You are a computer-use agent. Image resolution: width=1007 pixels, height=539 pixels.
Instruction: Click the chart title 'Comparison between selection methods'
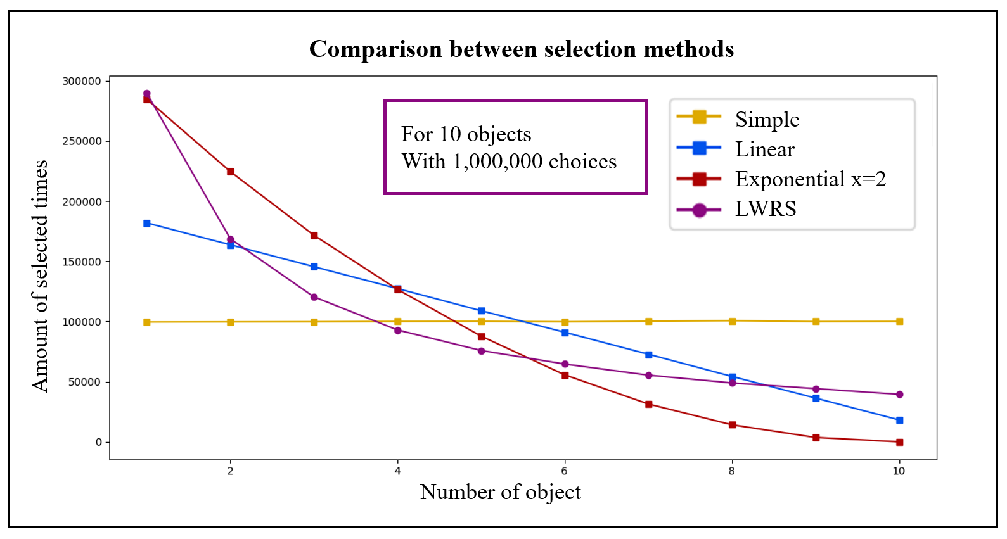pyautogui.click(x=521, y=49)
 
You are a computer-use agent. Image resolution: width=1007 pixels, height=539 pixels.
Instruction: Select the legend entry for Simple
pyautogui.click(x=767, y=119)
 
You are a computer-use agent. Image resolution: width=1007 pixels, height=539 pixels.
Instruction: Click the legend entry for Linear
pyautogui.click(x=764, y=149)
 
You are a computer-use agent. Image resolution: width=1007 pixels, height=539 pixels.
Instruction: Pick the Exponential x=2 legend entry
pyautogui.click(x=810, y=179)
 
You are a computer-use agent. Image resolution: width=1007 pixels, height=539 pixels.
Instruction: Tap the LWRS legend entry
pyautogui.click(x=765, y=209)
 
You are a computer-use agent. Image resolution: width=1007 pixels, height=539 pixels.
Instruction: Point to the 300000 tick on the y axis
pyautogui.click(x=82, y=81)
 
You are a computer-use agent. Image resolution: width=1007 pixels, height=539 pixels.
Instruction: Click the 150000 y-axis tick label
pyautogui.click(x=82, y=262)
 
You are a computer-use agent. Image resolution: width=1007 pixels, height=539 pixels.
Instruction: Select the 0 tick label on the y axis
pyautogui.click(x=98, y=442)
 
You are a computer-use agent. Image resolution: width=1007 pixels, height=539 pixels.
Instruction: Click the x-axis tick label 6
pyautogui.click(x=565, y=471)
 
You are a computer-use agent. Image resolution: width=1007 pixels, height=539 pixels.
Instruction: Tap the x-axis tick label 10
pyautogui.click(x=899, y=471)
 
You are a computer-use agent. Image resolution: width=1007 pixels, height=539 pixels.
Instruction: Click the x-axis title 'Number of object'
pyautogui.click(x=500, y=492)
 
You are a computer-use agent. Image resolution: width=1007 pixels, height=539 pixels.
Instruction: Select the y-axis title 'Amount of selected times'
pyautogui.click(x=41, y=276)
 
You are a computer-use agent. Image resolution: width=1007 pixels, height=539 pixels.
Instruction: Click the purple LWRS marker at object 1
pyautogui.click(x=147, y=94)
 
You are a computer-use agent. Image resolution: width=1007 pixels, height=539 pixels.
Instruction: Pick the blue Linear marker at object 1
pyautogui.click(x=147, y=224)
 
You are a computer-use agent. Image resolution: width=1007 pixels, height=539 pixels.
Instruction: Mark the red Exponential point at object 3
pyautogui.click(x=314, y=236)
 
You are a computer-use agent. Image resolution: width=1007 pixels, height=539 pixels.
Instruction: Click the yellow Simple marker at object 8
pyautogui.click(x=733, y=321)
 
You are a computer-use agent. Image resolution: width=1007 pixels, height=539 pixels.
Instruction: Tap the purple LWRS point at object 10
pyautogui.click(x=899, y=395)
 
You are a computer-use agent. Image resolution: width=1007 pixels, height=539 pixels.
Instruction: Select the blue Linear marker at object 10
pyautogui.click(x=899, y=421)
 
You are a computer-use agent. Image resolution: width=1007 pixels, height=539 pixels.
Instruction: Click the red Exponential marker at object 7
pyautogui.click(x=649, y=404)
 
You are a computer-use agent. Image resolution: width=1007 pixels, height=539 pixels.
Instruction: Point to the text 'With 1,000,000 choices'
pyautogui.click(x=509, y=162)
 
